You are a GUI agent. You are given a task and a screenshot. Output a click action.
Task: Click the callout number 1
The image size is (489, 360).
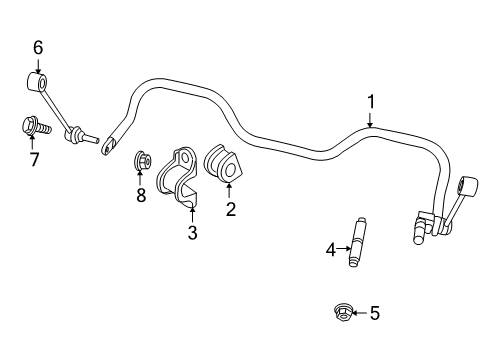[371, 101]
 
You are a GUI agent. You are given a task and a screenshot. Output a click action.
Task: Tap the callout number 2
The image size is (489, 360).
[230, 208]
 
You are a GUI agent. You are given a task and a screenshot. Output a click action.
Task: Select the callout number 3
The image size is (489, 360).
[192, 233]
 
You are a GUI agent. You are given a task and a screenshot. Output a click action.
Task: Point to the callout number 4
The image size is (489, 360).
[331, 250]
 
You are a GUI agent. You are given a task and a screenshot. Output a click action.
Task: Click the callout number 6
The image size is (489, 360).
[38, 47]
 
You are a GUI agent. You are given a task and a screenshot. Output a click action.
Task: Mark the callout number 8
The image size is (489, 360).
[141, 195]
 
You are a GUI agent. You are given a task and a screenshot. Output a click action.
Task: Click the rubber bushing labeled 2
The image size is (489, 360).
[223, 168]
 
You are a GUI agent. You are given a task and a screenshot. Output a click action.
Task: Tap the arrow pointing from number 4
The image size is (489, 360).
[345, 250]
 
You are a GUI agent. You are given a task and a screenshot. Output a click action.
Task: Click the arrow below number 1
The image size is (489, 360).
[371, 121]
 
